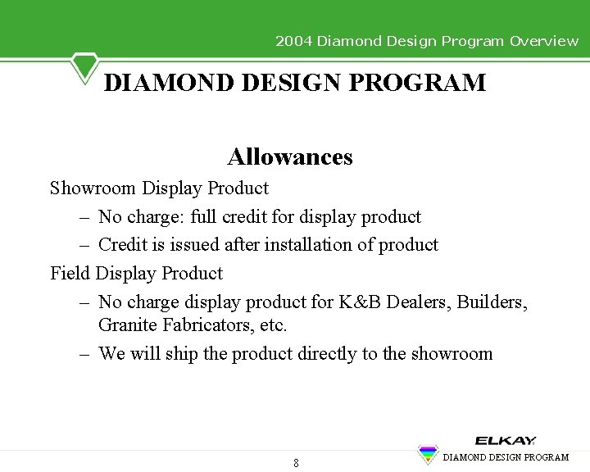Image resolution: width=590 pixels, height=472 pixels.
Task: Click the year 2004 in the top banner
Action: point(293,41)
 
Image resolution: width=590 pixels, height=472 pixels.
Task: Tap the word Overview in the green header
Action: point(543,41)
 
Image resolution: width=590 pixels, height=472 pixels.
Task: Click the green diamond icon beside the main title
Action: point(84,66)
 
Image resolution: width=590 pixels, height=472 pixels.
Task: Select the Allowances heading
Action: point(290,157)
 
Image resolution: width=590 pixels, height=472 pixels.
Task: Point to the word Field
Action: point(70,273)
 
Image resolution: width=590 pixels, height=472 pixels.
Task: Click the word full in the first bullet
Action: point(208,217)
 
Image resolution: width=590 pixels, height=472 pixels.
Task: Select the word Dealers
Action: point(417,302)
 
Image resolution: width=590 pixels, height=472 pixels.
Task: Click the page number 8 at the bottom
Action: point(296,463)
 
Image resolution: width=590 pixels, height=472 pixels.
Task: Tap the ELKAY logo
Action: point(506,441)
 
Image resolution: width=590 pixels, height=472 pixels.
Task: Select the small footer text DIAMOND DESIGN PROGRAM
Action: point(506,457)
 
